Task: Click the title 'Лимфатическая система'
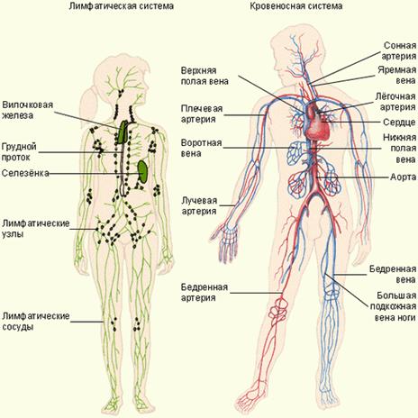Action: (x=122, y=6)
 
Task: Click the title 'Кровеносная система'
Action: (x=296, y=6)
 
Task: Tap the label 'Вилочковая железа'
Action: (x=27, y=110)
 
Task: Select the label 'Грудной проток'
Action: (x=19, y=152)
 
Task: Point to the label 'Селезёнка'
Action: (x=25, y=173)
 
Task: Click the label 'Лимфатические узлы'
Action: (x=36, y=229)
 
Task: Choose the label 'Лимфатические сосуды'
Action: (x=36, y=321)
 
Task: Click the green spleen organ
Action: (x=142, y=171)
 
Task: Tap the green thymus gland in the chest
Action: (x=123, y=132)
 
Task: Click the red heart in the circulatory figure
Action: (x=317, y=123)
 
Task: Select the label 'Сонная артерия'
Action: (x=399, y=50)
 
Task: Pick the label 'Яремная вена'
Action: (x=397, y=76)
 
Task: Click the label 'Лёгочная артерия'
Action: (x=395, y=102)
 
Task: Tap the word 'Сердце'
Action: (x=399, y=123)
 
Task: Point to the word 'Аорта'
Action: (x=404, y=177)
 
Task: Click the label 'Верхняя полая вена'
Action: (x=204, y=76)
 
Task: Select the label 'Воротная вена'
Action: (x=201, y=148)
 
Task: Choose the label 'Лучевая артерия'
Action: (x=199, y=205)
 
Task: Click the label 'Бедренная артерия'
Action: (x=204, y=293)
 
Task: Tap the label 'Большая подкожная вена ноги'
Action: (x=393, y=306)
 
